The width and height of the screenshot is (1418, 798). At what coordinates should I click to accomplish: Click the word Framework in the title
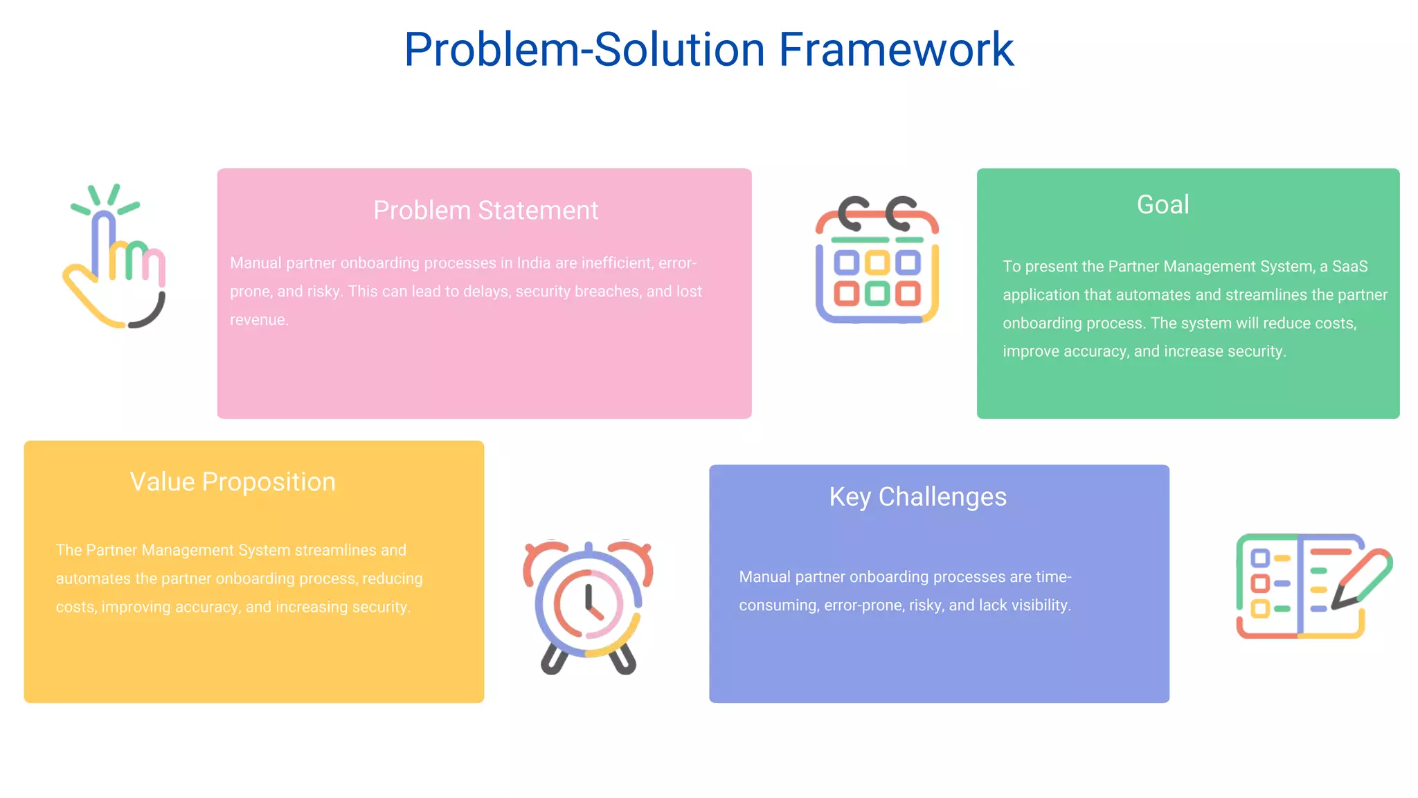click(x=896, y=50)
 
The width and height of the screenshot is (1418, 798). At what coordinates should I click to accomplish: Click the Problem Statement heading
click(x=485, y=210)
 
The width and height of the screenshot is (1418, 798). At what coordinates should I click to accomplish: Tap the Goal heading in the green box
click(x=1163, y=204)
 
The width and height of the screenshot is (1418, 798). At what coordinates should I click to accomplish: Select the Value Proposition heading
click(x=233, y=481)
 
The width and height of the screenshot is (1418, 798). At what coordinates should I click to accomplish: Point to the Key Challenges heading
click(x=917, y=497)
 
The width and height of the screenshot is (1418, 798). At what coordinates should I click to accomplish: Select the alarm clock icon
click(x=588, y=607)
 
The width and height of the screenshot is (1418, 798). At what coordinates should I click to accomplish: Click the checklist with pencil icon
click(x=1313, y=586)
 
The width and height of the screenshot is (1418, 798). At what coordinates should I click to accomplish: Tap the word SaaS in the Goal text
click(x=1349, y=267)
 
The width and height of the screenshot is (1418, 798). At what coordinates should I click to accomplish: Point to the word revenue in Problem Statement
click(x=258, y=320)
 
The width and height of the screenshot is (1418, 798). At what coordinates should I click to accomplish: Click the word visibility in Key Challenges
click(x=1041, y=605)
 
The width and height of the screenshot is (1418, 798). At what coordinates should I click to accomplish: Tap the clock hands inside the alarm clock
click(x=590, y=601)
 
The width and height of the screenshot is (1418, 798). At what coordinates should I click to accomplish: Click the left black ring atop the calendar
click(x=853, y=214)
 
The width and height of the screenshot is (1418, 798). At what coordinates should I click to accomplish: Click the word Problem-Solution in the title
click(x=584, y=50)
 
